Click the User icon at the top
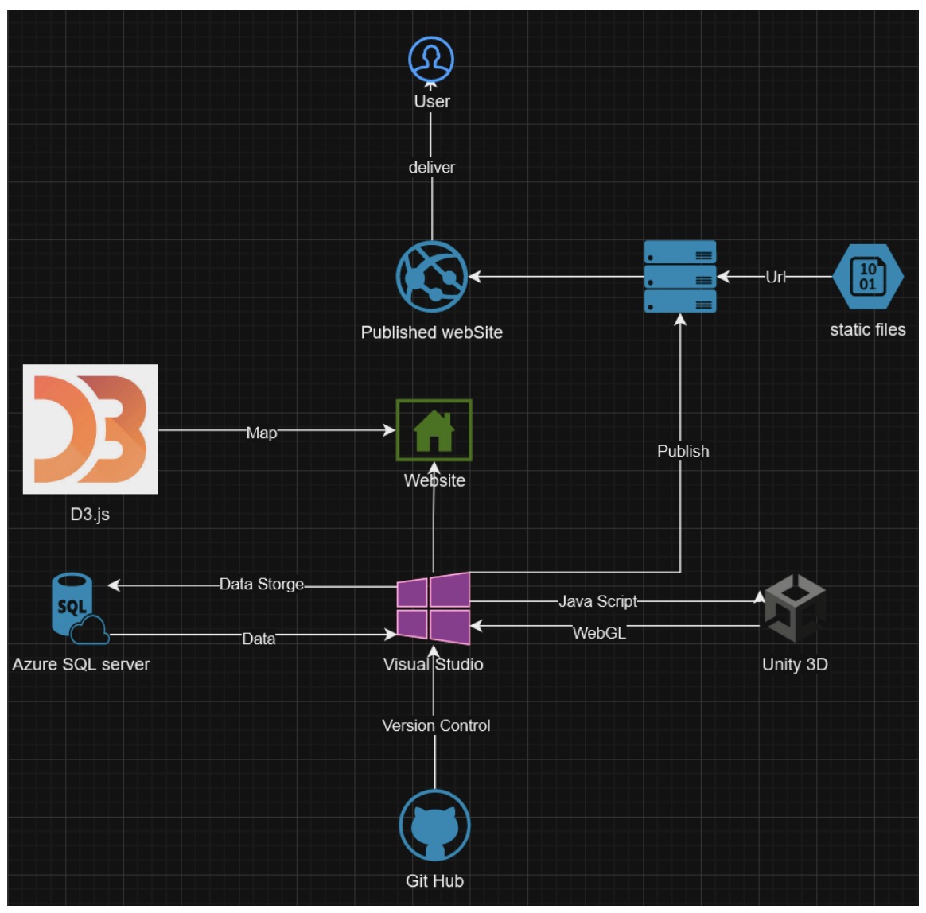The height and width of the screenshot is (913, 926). click(x=431, y=59)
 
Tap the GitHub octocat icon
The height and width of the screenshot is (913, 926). click(x=434, y=826)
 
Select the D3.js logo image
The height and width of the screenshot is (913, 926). click(x=90, y=429)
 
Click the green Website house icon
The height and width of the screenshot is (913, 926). click(x=434, y=430)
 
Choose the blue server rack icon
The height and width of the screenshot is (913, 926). click(x=679, y=277)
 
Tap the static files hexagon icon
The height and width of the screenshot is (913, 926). click(x=867, y=277)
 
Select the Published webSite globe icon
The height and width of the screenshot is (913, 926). click(x=432, y=277)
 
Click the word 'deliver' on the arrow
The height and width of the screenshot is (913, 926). click(x=432, y=168)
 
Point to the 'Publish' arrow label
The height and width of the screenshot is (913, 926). click(x=683, y=451)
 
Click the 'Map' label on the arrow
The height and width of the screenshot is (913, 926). click(x=262, y=433)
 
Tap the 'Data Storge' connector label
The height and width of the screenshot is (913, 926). click(x=262, y=584)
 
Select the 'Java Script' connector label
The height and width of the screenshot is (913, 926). click(x=597, y=601)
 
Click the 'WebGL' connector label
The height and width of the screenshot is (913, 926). click(x=599, y=633)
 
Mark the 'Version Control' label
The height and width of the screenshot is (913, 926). click(x=436, y=725)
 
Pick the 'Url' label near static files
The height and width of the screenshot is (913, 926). click(x=776, y=277)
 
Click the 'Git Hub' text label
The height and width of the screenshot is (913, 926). click(x=434, y=880)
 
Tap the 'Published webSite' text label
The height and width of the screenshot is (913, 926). click(x=432, y=332)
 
